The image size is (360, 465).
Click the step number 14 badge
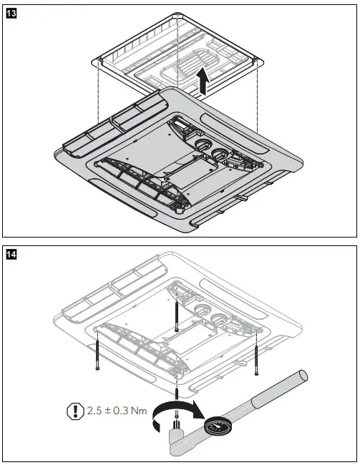point(11,253)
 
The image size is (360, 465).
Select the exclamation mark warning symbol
point(73,411)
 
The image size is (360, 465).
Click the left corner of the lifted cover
point(97,62)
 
